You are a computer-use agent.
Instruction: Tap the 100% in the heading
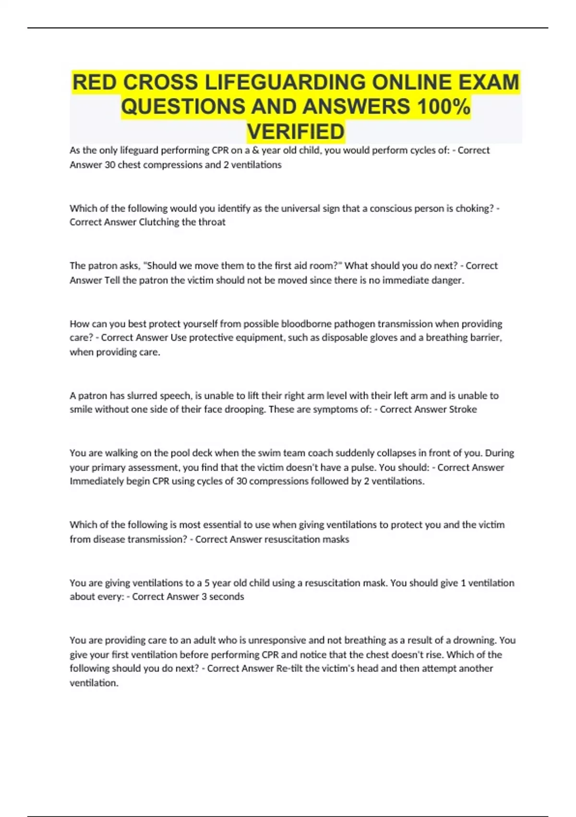(444, 107)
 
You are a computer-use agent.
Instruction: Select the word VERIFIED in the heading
(296, 132)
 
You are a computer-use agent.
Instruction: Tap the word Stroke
(463, 409)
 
